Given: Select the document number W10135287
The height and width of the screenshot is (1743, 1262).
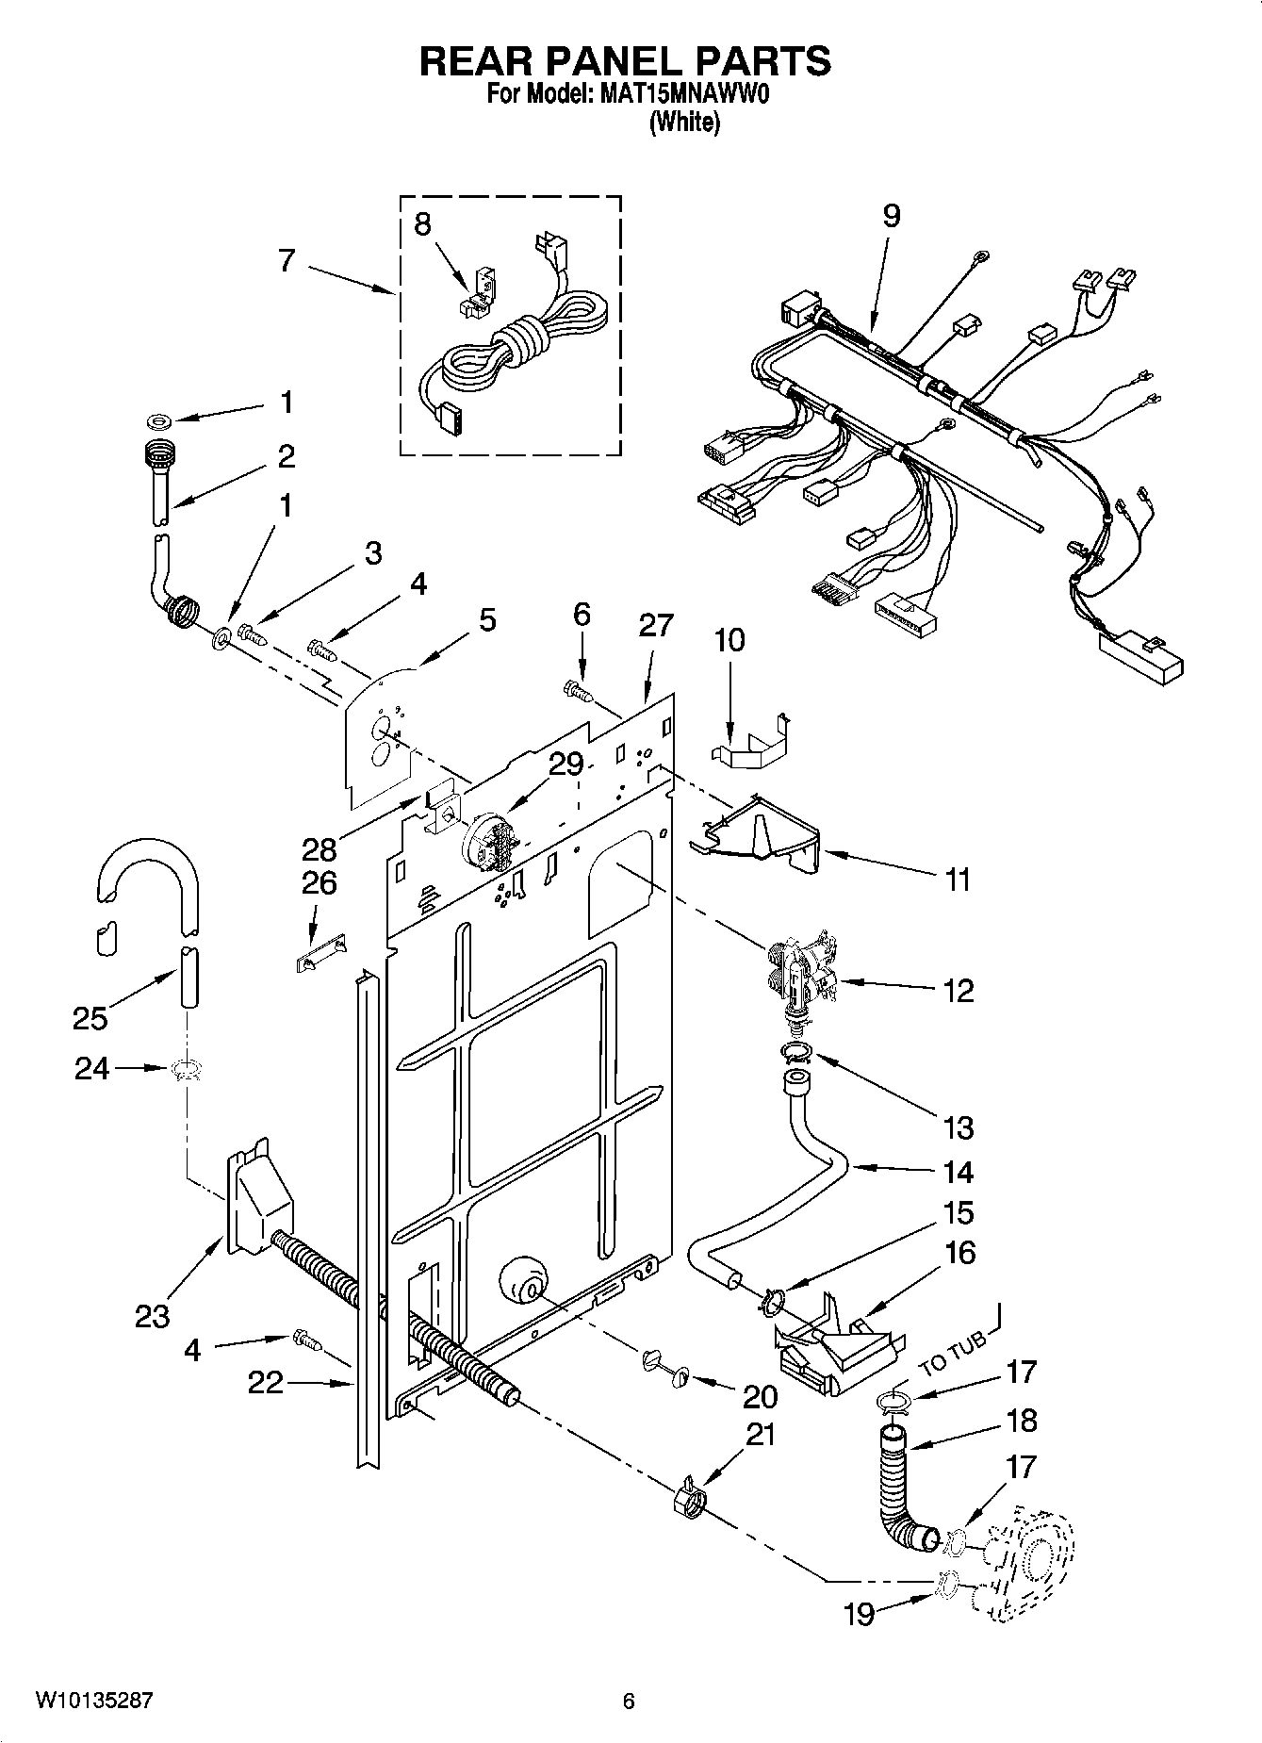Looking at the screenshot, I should click(93, 1702).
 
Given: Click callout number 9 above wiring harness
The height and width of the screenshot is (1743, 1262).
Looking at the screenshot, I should click(891, 217).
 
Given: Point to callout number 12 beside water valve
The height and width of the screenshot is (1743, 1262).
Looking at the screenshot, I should click(959, 991).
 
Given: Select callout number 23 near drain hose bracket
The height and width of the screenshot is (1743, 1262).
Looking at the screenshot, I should click(152, 1316).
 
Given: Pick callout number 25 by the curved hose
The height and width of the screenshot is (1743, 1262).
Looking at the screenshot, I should click(90, 1018).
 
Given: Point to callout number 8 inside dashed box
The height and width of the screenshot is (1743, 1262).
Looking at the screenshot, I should click(422, 224).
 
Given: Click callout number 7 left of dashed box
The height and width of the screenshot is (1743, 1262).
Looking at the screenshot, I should click(287, 261).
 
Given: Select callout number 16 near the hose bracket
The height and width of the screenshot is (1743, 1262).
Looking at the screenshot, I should click(959, 1253).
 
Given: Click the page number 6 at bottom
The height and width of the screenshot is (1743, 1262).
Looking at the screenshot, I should click(629, 1702).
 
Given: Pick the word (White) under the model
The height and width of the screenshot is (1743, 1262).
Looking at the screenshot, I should click(685, 123).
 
